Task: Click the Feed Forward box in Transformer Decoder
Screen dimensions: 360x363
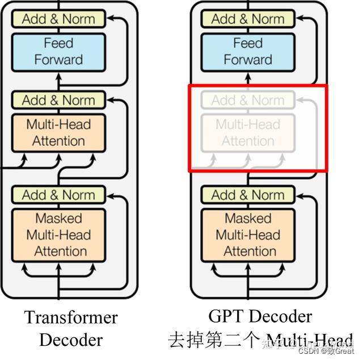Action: [x=58, y=51]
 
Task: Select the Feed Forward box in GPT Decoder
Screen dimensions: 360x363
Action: [x=248, y=51]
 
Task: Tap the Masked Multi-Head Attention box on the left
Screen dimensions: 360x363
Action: [x=58, y=235]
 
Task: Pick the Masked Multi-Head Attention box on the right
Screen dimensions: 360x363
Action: [x=248, y=235]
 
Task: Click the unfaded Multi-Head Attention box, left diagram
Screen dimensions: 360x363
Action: [x=58, y=132]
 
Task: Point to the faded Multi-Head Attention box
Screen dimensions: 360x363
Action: [x=248, y=132]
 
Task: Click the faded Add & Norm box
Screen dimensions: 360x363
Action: [x=248, y=101]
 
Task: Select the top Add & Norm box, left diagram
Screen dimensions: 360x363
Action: [x=58, y=19]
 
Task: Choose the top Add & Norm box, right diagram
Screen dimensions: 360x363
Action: [x=248, y=19]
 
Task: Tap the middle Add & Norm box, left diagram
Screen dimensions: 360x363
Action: [x=58, y=101]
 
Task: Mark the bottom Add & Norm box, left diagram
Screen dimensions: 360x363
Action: [x=58, y=195]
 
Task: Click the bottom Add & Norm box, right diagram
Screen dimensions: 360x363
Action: [x=248, y=195]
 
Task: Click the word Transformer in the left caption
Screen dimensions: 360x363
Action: [x=71, y=317]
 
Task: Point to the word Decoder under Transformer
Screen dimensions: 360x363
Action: [x=71, y=340]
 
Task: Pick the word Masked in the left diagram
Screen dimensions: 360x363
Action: [x=58, y=218]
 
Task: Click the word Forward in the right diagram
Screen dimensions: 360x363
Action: [x=248, y=59]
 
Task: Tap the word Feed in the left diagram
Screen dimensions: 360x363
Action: [x=58, y=43]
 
